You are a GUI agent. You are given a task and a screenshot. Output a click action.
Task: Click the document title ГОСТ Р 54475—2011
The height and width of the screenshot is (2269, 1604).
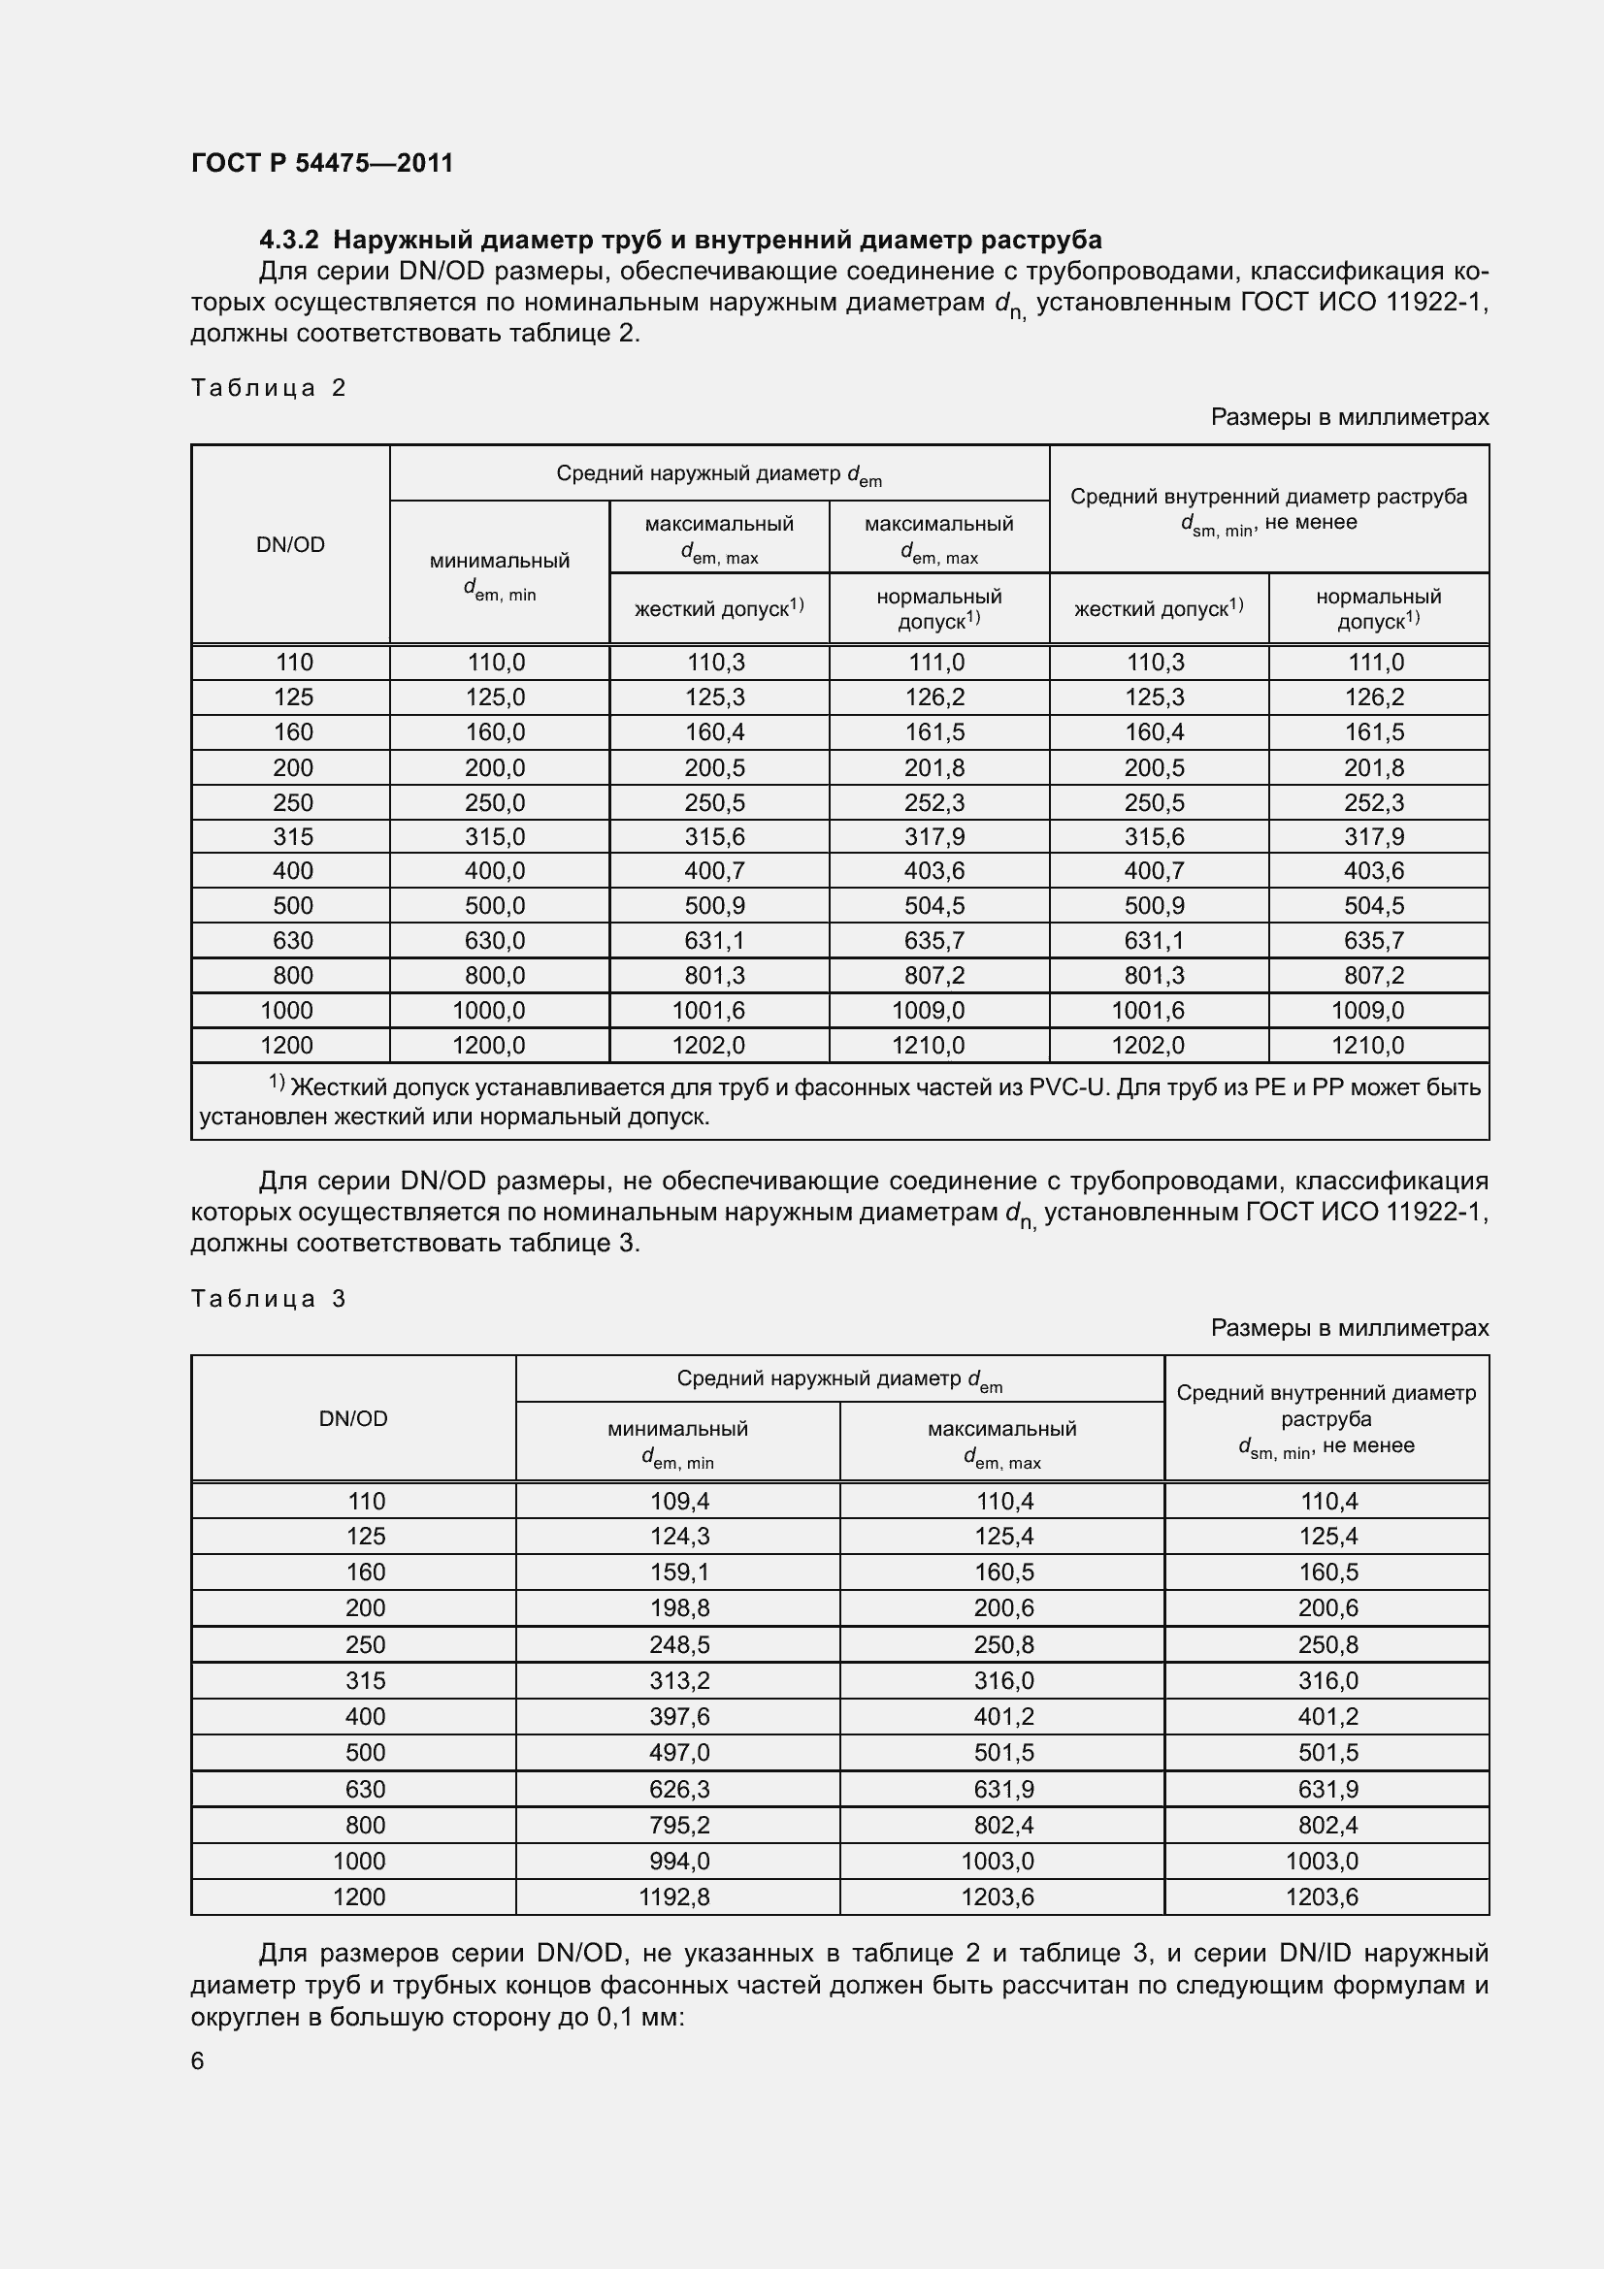point(321,163)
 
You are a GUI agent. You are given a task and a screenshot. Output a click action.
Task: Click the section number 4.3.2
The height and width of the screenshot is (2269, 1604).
point(288,241)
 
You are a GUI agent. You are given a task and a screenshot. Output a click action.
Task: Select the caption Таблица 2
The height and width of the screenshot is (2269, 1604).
point(268,387)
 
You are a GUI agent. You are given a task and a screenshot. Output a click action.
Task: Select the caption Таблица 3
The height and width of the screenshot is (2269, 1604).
point(268,1299)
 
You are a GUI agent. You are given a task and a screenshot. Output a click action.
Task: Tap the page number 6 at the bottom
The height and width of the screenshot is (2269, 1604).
point(198,2060)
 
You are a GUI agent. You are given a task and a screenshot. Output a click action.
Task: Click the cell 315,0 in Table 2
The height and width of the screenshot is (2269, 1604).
point(496,837)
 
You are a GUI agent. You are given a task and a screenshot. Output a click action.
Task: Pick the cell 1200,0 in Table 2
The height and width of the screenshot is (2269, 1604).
point(489,1045)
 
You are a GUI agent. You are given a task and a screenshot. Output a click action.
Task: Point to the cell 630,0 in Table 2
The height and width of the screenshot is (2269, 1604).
point(496,941)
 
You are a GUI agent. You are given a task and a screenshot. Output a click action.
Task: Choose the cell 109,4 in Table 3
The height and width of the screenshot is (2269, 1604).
point(679,1501)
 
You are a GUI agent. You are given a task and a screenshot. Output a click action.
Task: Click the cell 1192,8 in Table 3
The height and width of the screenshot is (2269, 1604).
point(674,1896)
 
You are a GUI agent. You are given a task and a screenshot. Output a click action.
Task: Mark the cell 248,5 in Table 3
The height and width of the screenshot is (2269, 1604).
point(679,1644)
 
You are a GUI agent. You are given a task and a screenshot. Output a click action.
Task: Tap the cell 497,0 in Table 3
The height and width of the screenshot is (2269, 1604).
point(679,1752)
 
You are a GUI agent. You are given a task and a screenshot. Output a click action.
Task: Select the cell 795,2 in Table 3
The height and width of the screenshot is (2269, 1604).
point(679,1825)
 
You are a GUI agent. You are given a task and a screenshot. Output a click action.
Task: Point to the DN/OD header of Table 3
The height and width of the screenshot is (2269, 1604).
point(353,1418)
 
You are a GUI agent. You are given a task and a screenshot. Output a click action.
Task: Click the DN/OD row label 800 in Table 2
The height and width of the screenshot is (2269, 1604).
point(292,975)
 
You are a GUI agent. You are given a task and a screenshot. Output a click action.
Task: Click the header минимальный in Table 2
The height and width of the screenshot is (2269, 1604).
point(499,561)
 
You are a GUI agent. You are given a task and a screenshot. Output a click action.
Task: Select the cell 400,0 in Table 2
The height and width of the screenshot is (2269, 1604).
point(496,870)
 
